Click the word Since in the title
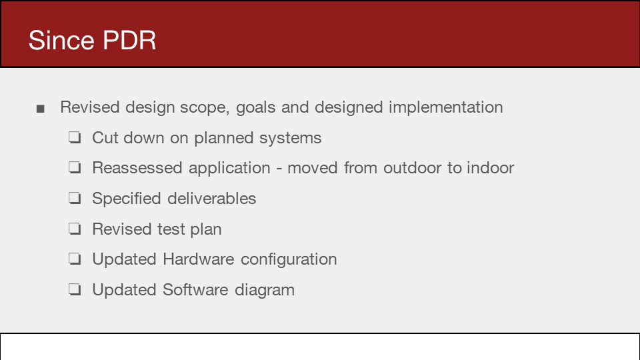[x=61, y=41]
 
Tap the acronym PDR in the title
[x=129, y=41]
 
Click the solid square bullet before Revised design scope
[x=40, y=109]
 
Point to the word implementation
[x=446, y=107]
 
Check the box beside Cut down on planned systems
[x=75, y=137]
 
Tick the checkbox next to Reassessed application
[x=75, y=167]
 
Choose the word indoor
[x=490, y=168]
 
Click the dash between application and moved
[x=279, y=169]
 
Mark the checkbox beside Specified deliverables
[x=75, y=198]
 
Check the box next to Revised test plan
[x=75, y=229]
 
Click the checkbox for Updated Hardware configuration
[x=75, y=259]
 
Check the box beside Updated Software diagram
[x=75, y=289]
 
